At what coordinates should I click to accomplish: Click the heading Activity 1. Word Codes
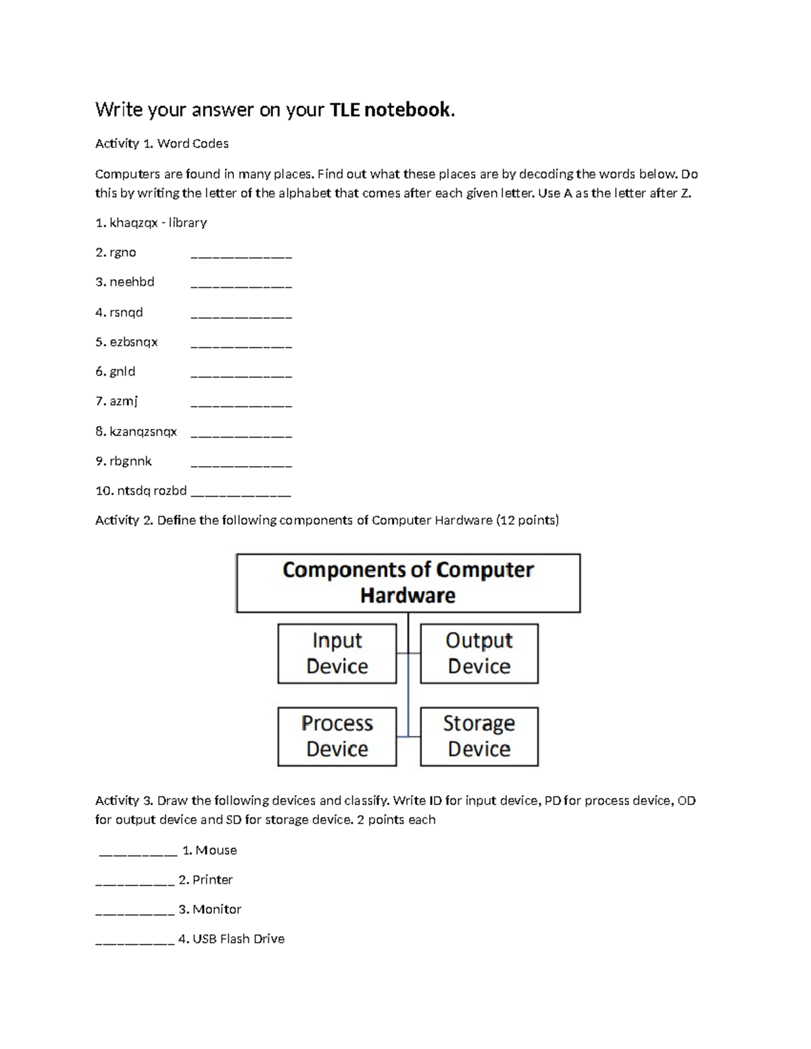[x=162, y=144]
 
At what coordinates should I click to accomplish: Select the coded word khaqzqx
[x=133, y=223]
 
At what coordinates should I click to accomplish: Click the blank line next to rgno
[x=241, y=256]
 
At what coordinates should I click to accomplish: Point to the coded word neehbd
[x=132, y=282]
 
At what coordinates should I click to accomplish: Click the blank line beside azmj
[x=241, y=405]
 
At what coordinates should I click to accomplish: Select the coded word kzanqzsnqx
[x=143, y=432]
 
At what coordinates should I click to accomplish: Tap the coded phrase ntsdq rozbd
[x=151, y=491]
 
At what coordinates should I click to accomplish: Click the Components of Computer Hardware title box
[x=408, y=583]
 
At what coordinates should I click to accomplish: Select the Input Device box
[x=337, y=653]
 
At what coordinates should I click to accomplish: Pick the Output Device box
[x=478, y=653]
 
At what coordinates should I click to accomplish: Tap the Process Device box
[x=337, y=736]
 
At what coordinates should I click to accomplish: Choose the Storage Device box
[x=478, y=736]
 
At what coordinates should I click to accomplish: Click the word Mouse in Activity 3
[x=216, y=850]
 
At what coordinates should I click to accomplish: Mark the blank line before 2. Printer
[x=134, y=883]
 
